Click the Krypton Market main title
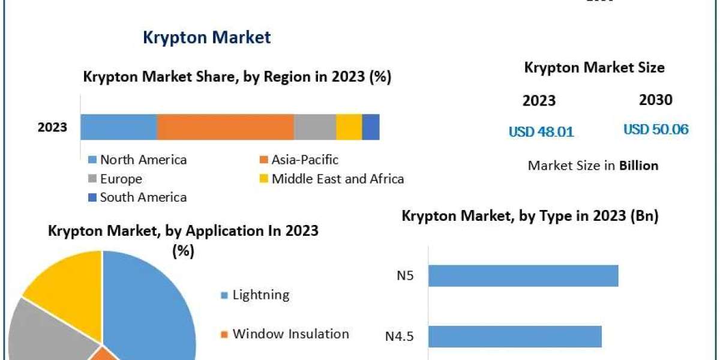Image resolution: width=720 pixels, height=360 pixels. pos(206,37)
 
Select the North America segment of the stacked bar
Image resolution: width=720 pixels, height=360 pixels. pos(119,127)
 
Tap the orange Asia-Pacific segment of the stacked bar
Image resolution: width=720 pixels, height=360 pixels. pos(225,127)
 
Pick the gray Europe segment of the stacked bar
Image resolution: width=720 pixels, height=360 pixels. pos(314,127)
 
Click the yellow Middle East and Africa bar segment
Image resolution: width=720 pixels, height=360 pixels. pos(349,127)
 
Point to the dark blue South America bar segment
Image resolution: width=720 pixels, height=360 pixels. pos(370,127)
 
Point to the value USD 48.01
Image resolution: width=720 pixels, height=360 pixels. pos(541,131)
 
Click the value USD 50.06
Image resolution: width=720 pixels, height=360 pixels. pos(656,129)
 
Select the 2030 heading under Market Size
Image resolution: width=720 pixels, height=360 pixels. pos(656,100)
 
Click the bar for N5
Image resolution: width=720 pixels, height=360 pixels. pos(523,276)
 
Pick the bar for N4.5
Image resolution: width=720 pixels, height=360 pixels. pos(514,336)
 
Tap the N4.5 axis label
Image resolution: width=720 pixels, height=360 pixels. pos(399,336)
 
